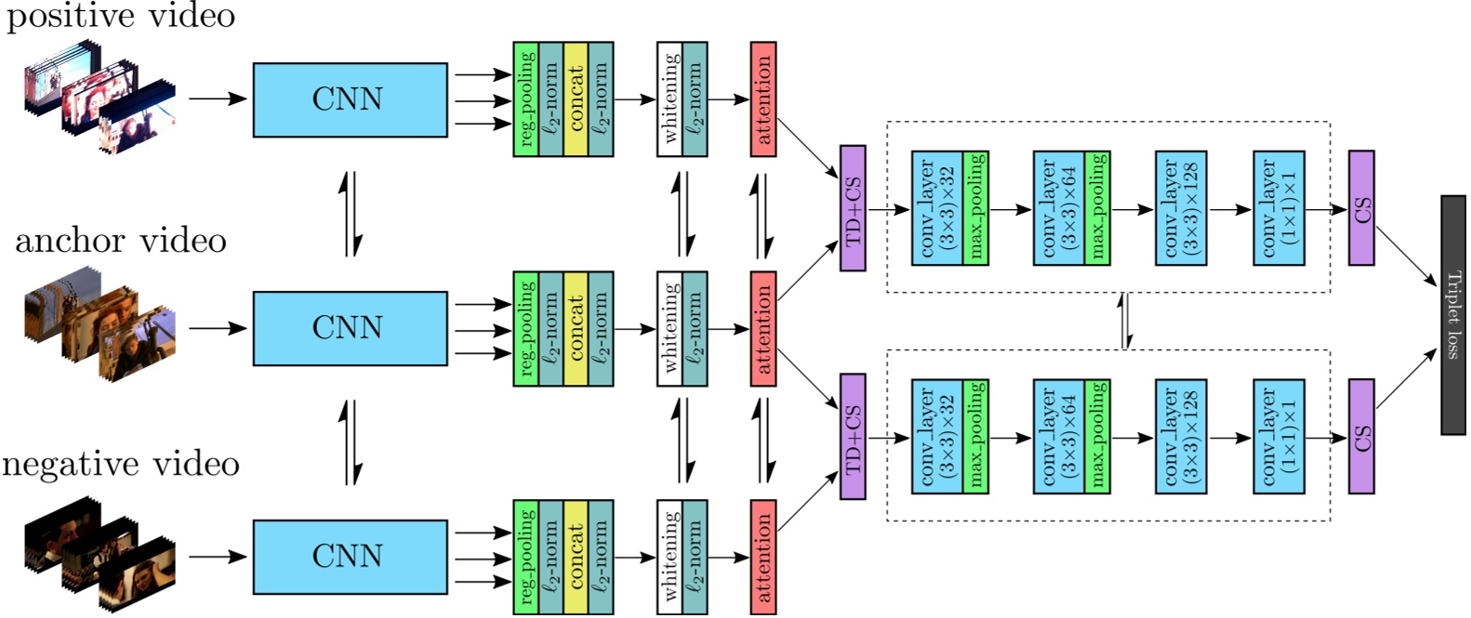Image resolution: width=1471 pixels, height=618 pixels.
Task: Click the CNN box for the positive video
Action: [350, 99]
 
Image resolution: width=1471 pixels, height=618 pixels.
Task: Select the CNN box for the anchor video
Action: [350, 328]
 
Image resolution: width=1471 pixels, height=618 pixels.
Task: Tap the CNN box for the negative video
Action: [350, 557]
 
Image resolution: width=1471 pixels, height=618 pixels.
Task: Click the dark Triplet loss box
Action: [1452, 315]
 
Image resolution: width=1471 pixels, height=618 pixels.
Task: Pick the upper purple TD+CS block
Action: [853, 208]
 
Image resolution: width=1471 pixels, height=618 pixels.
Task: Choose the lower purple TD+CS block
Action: [853, 437]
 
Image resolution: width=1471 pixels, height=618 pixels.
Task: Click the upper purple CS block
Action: [1361, 208]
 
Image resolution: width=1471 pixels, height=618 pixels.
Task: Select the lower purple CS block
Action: [1361, 437]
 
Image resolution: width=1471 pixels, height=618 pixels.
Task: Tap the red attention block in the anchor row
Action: [762, 329]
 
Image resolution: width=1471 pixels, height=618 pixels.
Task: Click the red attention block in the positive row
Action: [762, 99]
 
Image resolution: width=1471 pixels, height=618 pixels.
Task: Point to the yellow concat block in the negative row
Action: [576, 557]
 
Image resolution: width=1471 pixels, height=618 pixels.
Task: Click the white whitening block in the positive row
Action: [669, 99]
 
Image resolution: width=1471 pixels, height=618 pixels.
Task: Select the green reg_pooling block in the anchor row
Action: [526, 329]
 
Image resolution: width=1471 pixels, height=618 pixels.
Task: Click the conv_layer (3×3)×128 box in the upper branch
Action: [1181, 208]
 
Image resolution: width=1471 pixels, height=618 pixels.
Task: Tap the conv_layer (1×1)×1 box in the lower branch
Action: [1279, 437]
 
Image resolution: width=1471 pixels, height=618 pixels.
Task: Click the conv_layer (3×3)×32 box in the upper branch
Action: [937, 208]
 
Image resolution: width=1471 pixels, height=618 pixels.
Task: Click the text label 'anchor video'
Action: [121, 242]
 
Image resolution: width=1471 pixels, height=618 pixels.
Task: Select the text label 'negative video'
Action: [121, 464]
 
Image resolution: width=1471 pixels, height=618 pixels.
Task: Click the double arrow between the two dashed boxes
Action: [1127, 322]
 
